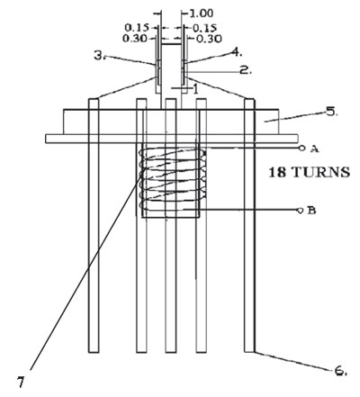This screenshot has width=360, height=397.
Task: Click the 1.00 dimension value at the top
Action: pos(202,14)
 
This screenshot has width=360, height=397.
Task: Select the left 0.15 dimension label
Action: pos(137,28)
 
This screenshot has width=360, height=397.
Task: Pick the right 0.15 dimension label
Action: pos(204,28)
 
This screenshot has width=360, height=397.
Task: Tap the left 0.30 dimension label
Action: pos(135,39)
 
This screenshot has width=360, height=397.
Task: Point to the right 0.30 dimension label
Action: pos(209,39)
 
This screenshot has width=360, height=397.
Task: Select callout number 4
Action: pos(237,52)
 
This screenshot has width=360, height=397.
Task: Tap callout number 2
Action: pos(246,70)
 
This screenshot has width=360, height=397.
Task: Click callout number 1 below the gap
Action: pos(195,89)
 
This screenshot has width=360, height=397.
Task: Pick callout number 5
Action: pos(332,112)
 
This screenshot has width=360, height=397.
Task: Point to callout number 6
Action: pos(341,371)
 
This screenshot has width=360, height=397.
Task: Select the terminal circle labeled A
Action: pos(301,148)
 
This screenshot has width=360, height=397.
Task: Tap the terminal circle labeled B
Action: pos(299,211)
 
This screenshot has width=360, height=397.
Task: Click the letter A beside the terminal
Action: pos(314,149)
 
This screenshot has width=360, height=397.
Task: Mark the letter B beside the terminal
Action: pos(311,211)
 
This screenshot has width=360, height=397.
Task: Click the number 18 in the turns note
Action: pos(276,173)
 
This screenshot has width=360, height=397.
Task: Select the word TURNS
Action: pos(320,173)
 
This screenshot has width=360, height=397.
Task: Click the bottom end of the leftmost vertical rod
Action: pos(94,352)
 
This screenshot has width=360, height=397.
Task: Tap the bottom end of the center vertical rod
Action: pos(170,352)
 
